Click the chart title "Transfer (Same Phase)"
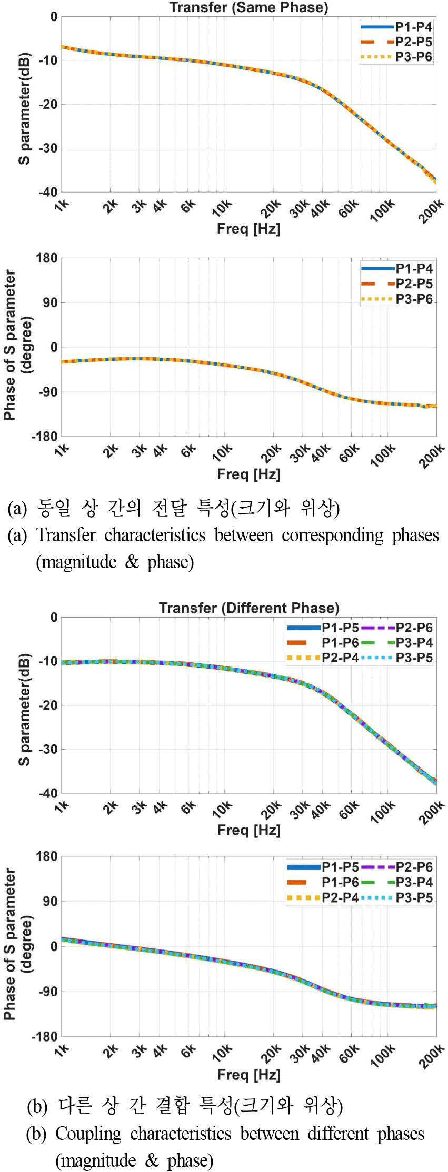click(248, 7)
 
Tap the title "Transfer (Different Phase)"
click(249, 608)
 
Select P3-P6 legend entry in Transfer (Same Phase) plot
click(414, 57)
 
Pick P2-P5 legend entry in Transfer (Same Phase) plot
click(414, 42)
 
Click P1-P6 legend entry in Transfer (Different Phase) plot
click(340, 642)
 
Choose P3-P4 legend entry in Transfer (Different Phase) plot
click(414, 642)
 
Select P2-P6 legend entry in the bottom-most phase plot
click(414, 867)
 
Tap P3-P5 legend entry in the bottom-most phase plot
click(414, 897)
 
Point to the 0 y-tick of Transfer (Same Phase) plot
click(54, 17)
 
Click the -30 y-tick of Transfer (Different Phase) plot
click(50, 749)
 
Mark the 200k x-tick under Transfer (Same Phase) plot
click(431, 211)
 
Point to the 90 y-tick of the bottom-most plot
click(50, 902)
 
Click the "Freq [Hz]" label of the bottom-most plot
click(248, 1074)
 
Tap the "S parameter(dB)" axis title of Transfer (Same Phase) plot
click(24, 108)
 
